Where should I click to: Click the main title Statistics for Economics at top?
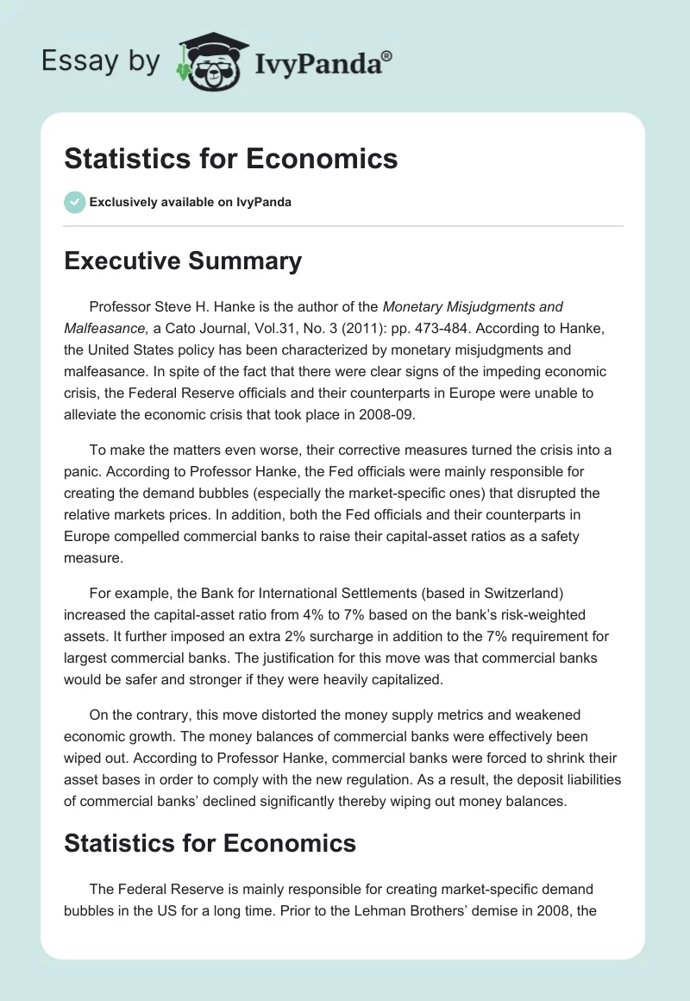pos(231,159)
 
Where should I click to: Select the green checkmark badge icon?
pos(74,202)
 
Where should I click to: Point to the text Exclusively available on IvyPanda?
pos(191,203)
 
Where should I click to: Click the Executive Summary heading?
pos(183,261)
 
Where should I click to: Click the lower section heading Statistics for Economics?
pos(210,842)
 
